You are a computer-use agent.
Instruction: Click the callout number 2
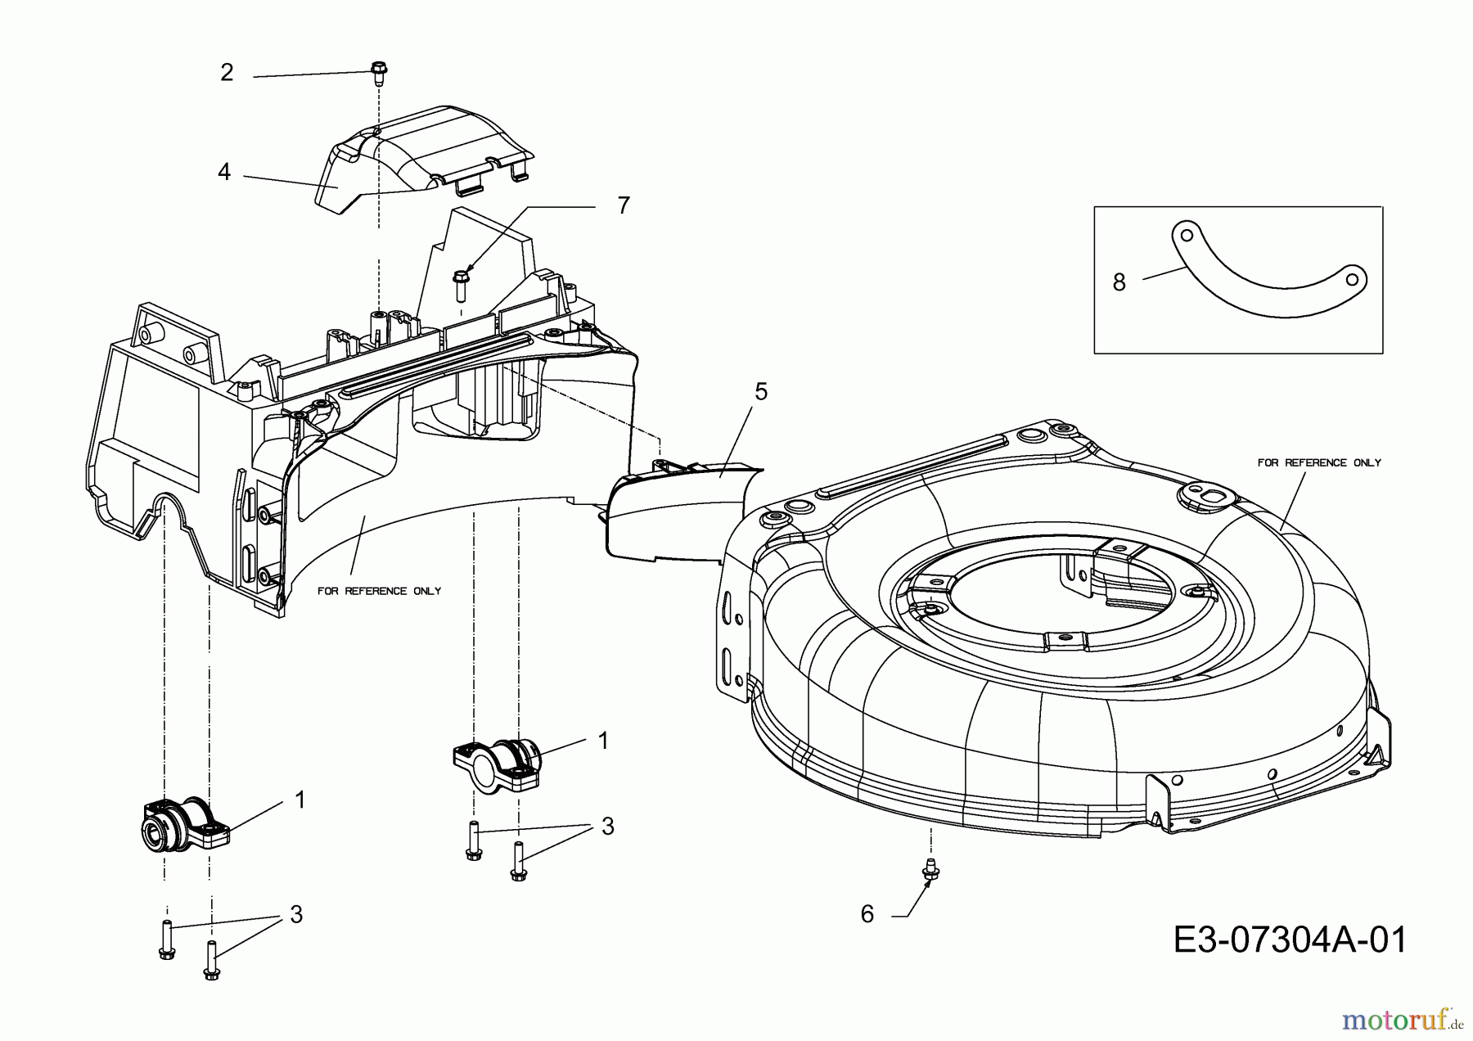[227, 73]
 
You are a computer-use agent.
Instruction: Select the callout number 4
[224, 172]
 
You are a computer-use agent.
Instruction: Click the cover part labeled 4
[426, 151]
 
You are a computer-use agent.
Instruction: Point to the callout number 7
[624, 205]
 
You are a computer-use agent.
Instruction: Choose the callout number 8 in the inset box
[1119, 282]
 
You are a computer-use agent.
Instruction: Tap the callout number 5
[761, 392]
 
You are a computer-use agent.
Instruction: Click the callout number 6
[867, 914]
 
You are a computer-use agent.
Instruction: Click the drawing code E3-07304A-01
[1291, 940]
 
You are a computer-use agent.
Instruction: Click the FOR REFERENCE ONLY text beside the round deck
[1319, 463]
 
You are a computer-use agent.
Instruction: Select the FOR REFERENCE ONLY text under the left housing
[379, 591]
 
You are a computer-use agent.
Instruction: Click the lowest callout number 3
[296, 914]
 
